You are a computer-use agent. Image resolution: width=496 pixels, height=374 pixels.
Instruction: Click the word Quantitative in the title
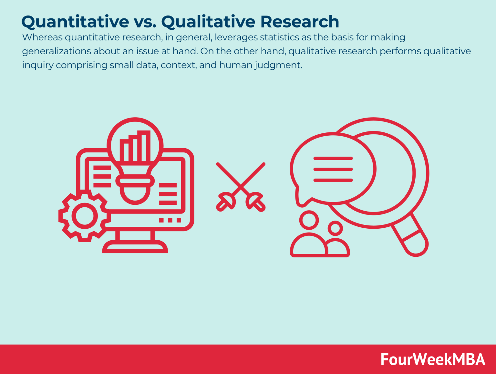tap(75, 22)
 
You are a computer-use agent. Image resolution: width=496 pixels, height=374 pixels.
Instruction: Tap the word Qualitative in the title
tap(209, 22)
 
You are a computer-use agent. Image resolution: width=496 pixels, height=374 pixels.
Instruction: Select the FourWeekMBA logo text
tap(433, 359)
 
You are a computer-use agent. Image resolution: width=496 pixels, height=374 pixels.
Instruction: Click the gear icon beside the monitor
tap(84, 216)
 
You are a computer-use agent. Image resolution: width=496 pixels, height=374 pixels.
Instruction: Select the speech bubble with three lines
tap(333, 169)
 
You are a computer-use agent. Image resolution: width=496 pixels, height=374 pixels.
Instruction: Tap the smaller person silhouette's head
tap(335, 228)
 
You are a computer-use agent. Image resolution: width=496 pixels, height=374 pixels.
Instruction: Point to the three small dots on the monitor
tap(170, 220)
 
